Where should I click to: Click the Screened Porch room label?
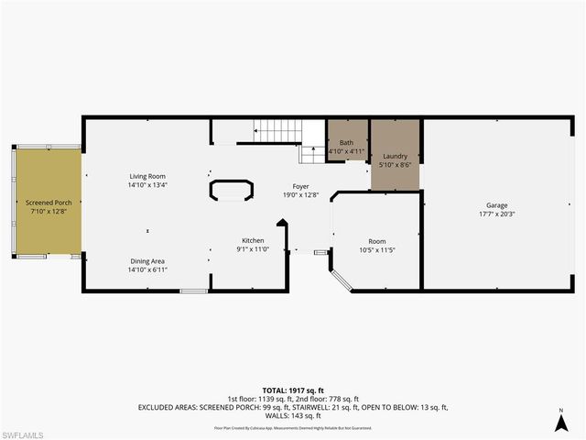pos(49,203)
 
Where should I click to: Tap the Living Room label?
pos(146,176)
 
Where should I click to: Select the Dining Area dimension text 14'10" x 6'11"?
pos(146,269)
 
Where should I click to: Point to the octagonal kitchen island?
pos(233,190)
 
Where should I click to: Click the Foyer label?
pos(300,185)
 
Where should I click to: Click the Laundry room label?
pos(395,156)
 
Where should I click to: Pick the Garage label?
pos(496,205)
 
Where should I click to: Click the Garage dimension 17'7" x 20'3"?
pos(496,214)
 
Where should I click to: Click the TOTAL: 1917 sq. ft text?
pos(293,390)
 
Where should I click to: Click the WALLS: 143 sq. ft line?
pos(293,414)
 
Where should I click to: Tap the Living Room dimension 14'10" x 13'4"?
pos(146,185)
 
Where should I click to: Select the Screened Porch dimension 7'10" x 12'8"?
pos(49,212)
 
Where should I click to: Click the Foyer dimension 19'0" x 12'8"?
pos(300,194)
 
